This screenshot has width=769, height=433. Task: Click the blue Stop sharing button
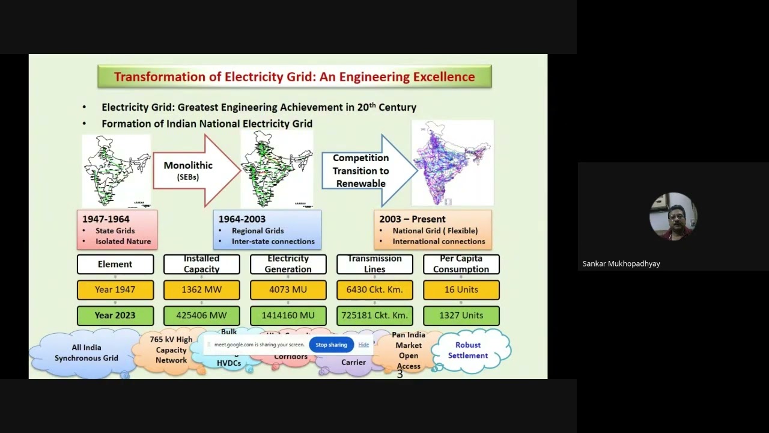[331, 345]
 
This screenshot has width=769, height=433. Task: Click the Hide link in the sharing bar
[363, 345]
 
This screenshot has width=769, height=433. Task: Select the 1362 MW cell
[201, 290]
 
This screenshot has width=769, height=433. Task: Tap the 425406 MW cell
[201, 315]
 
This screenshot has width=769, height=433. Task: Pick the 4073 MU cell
[288, 290]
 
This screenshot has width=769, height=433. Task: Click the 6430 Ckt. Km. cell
[374, 290]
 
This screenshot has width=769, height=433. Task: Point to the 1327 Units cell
[461, 315]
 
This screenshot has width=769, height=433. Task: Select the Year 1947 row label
[115, 290]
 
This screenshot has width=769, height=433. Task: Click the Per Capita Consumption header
[461, 264]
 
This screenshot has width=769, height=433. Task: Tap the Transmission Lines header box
[374, 264]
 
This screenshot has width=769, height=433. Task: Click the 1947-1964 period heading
[106, 220]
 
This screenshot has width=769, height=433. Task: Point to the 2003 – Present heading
[412, 220]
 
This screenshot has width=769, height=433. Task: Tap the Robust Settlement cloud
[468, 350]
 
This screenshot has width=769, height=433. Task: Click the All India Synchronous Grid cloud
[86, 353]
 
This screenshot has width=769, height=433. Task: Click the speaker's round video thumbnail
[673, 216]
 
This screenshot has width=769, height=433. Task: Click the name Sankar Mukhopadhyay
[621, 263]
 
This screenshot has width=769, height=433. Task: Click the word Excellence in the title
[444, 77]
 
